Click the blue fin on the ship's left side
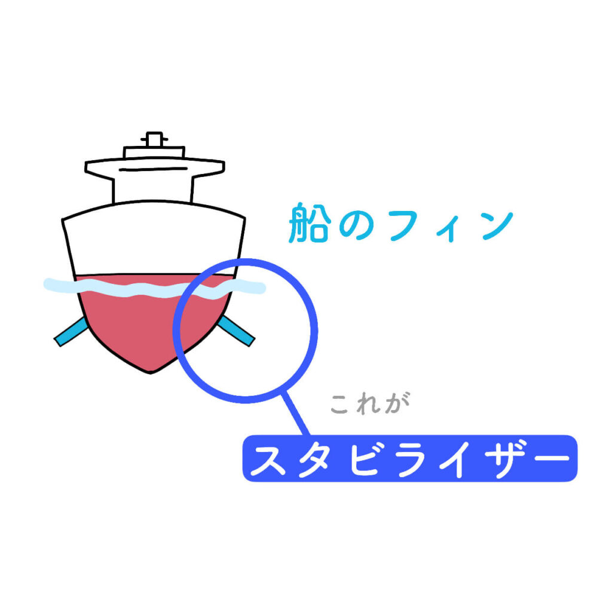pos(72,331)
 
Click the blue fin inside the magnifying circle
pos(235,331)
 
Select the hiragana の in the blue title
pos(357,225)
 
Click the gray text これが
pos(370,403)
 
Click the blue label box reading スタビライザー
pos(410,458)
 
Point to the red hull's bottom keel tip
pos(151,373)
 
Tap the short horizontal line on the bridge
pos(154,169)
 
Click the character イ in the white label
pos(456,459)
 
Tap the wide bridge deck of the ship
pos(155,167)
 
